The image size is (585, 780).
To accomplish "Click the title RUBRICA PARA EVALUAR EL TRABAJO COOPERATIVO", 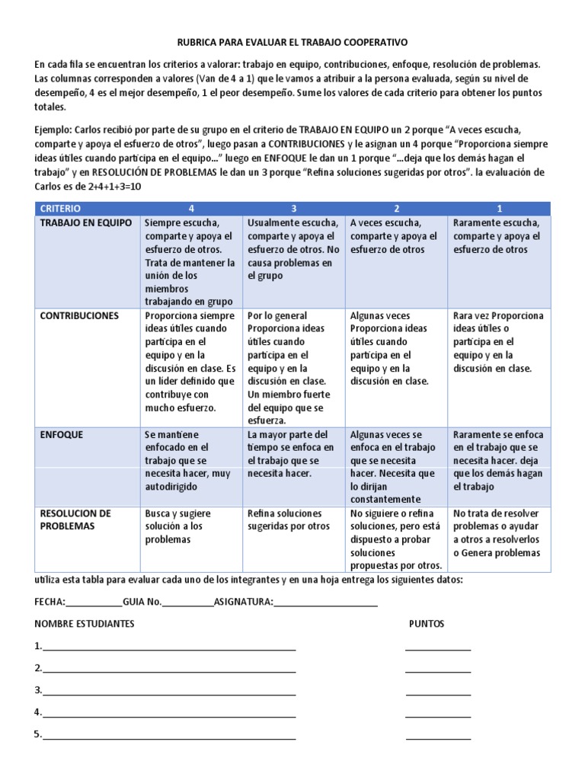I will click(x=292, y=43).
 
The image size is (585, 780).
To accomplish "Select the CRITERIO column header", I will click(x=60, y=208).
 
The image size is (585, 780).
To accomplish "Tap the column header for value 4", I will click(x=191, y=208).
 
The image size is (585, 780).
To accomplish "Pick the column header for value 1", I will click(x=499, y=208).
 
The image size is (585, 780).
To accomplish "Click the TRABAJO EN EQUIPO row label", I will click(x=85, y=223).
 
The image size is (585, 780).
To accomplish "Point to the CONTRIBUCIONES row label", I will click(x=79, y=315).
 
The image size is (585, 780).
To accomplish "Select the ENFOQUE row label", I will click(x=62, y=434).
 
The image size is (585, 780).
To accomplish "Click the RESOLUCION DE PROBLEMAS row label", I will click(x=75, y=519).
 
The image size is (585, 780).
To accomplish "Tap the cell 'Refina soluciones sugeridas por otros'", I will click(x=292, y=519).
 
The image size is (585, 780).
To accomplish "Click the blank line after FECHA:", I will click(x=94, y=602).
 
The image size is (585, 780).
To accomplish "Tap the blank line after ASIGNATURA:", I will click(x=325, y=602).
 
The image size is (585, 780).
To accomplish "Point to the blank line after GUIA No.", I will click(x=187, y=602).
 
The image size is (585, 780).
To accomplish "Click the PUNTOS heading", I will click(x=427, y=624).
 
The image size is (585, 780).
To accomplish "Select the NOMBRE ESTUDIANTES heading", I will click(x=85, y=624).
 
